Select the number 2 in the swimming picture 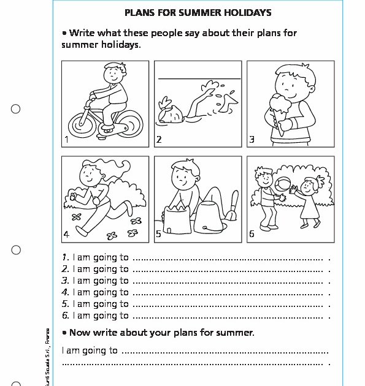[x=158, y=140]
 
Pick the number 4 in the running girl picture [x=66, y=234]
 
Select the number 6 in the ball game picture [x=251, y=233]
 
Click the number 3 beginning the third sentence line [x=64, y=281]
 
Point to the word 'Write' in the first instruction [x=83, y=33]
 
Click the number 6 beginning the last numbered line [x=64, y=316]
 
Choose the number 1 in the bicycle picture [x=66, y=140]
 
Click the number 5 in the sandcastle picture [x=158, y=234]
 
